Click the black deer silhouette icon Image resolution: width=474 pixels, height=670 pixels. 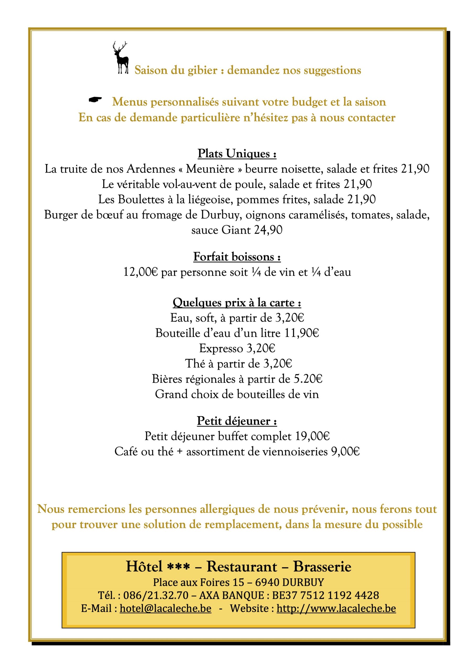tap(120, 58)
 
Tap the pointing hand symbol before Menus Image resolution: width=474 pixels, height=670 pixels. tap(95, 100)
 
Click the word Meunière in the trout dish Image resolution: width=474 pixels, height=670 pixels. tap(210, 169)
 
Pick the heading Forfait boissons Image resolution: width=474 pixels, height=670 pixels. tap(237, 257)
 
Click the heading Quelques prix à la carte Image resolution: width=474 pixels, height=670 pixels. tap(237, 303)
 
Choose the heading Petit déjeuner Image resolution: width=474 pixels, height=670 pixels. tap(237, 421)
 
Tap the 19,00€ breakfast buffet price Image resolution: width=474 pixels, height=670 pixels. tap(312, 436)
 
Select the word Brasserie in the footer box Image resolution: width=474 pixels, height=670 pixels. tap(322, 566)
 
